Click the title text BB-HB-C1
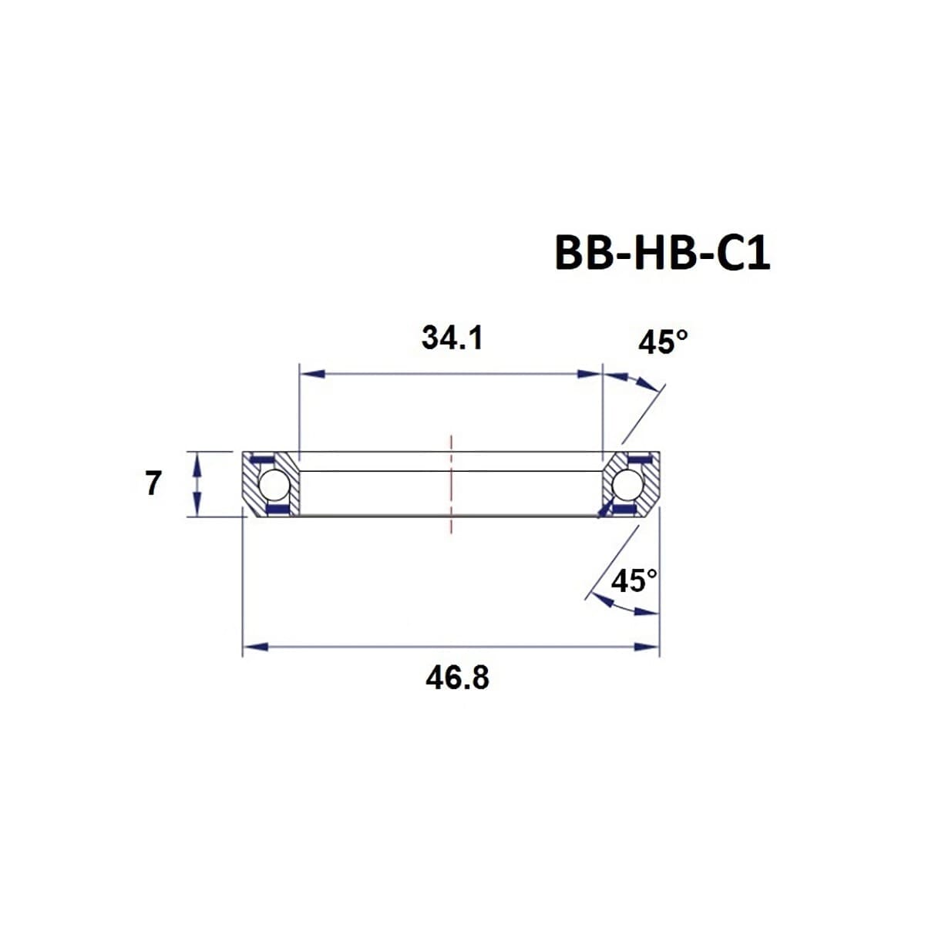pyautogui.click(x=661, y=253)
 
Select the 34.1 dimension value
pyautogui.click(x=452, y=338)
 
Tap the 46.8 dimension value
pyautogui.click(x=456, y=678)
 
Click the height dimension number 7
pyautogui.click(x=153, y=484)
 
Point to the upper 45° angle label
pyautogui.click(x=662, y=341)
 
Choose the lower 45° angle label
pyautogui.click(x=634, y=580)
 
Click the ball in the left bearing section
pyautogui.click(x=273, y=485)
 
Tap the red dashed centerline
pyautogui.click(x=451, y=484)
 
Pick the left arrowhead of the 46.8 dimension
pyautogui.click(x=255, y=646)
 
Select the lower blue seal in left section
pyautogui.click(x=275, y=510)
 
